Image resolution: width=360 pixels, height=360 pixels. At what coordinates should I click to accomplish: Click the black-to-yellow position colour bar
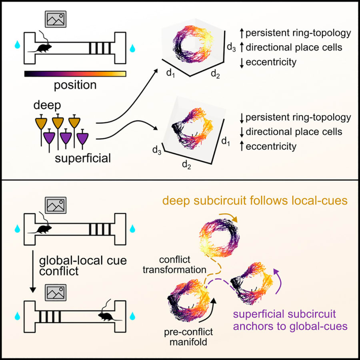(x=75, y=74)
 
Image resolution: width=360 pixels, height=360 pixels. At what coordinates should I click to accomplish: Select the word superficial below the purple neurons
(x=83, y=159)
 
